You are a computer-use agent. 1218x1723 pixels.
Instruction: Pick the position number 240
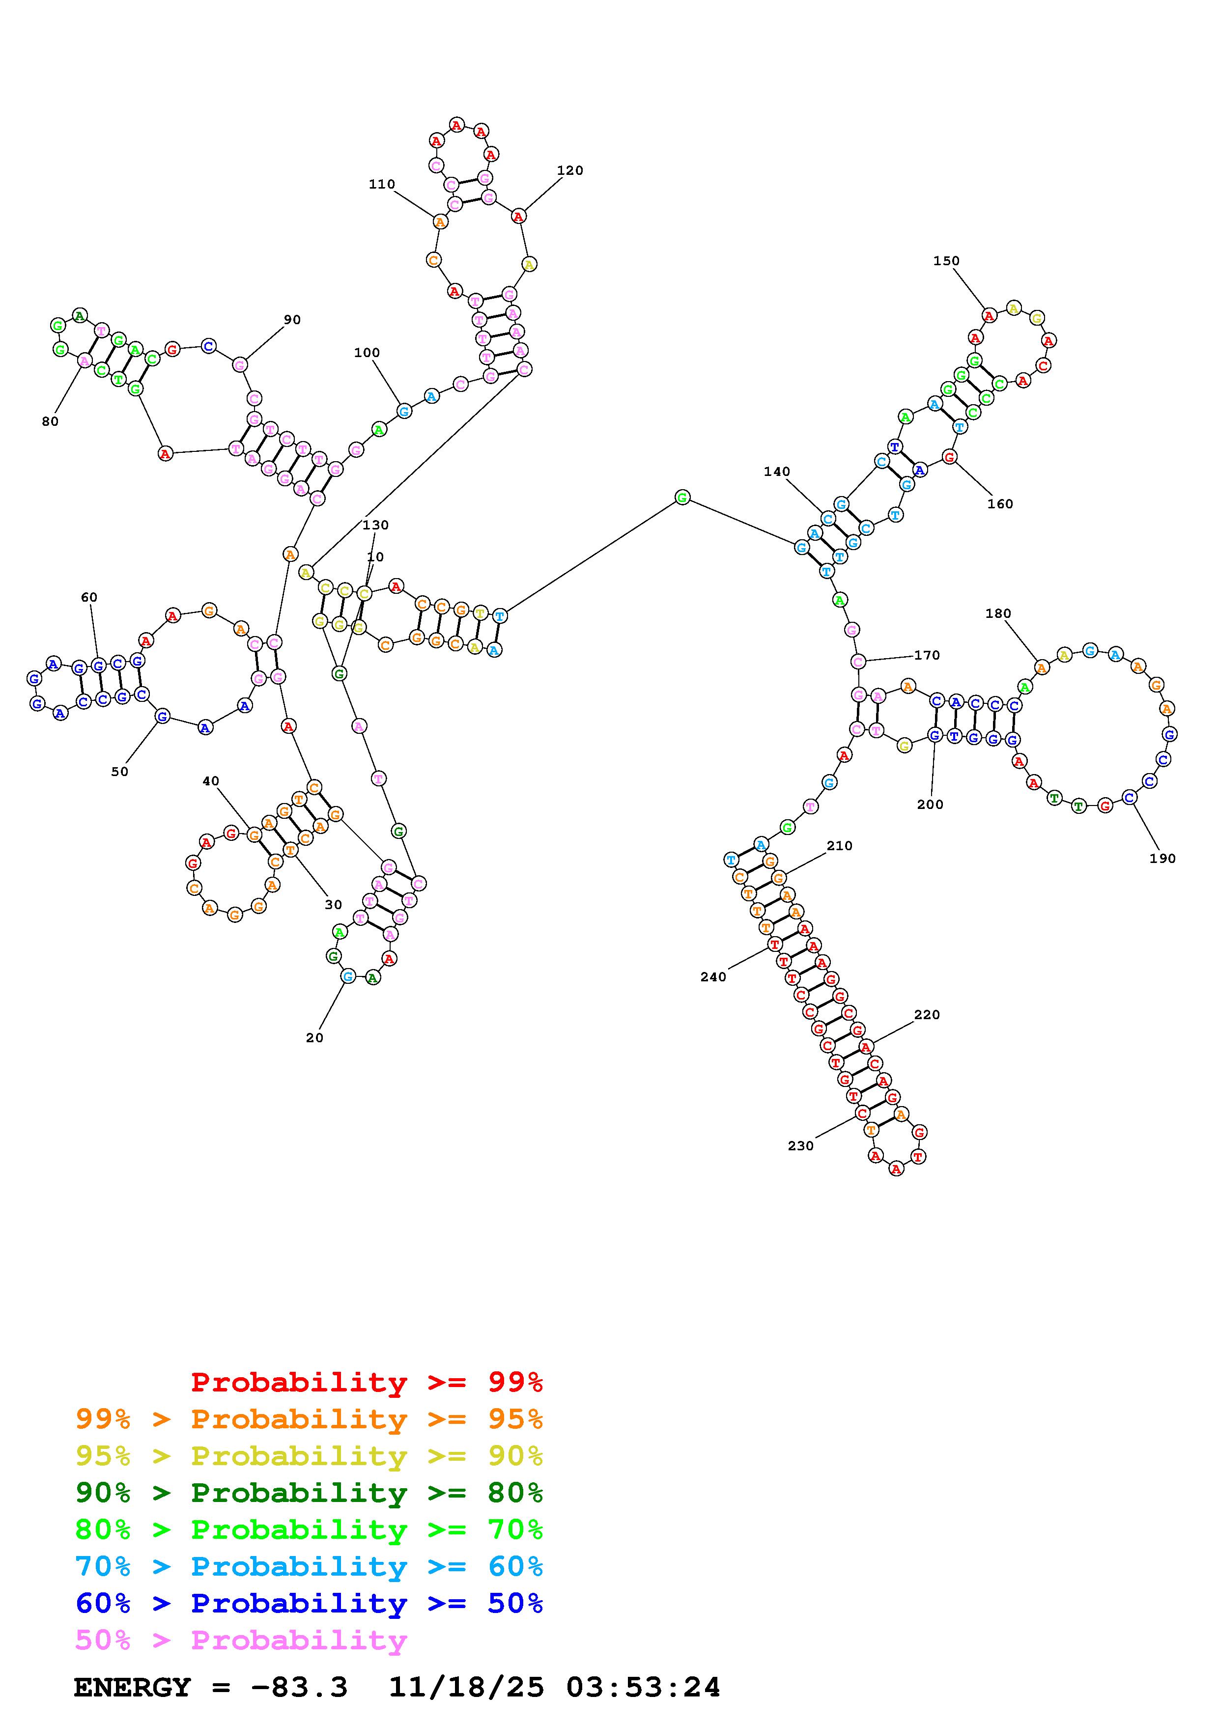click(x=713, y=977)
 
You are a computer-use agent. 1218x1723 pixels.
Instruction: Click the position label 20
click(x=314, y=1038)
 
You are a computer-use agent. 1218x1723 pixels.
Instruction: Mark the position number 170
click(x=927, y=655)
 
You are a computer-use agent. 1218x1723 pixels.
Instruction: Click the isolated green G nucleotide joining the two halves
click(x=681, y=497)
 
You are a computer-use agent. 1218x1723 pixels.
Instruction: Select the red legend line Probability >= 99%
click(x=367, y=1382)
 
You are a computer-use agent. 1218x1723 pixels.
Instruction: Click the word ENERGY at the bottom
click(x=132, y=1687)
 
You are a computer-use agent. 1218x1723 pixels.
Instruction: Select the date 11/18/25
click(x=466, y=1687)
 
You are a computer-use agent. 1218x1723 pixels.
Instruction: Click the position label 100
click(x=367, y=353)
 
